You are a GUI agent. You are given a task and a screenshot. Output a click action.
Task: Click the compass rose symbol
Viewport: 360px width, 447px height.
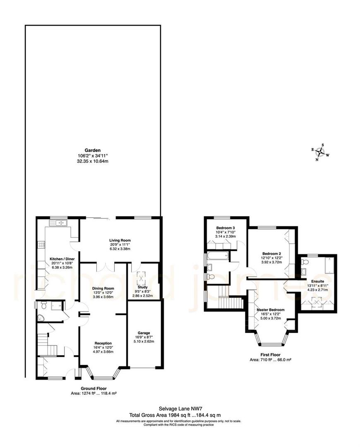[x=320, y=153]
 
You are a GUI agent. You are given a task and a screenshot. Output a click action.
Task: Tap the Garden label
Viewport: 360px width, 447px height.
[x=93, y=151]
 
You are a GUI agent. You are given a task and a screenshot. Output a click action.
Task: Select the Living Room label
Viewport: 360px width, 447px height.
[x=120, y=240]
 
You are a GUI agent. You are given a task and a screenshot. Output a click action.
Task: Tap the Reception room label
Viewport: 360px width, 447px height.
[x=103, y=343]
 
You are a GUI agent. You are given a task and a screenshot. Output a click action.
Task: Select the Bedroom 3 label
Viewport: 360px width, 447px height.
[x=226, y=228]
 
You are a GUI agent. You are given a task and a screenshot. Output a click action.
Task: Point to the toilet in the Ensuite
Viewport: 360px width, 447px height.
[x=305, y=262]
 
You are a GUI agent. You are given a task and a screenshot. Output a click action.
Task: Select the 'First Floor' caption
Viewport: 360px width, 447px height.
[x=271, y=355]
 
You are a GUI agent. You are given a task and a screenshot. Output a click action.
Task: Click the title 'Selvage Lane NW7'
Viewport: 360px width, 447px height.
[x=180, y=408]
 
